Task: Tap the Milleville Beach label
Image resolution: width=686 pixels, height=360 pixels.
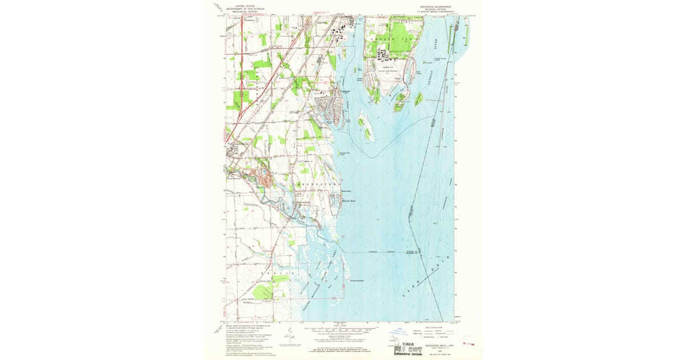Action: pyautogui.click(x=349, y=201)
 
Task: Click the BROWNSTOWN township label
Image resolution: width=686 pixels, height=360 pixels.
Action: pyautogui.click(x=312, y=185)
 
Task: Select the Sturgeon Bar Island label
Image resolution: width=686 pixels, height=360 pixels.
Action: pyautogui.click(x=346, y=153)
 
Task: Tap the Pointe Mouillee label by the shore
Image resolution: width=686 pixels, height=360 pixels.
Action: pyautogui.click(x=357, y=280)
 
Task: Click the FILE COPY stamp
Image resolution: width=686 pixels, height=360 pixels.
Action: pyautogui.click(x=408, y=347)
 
